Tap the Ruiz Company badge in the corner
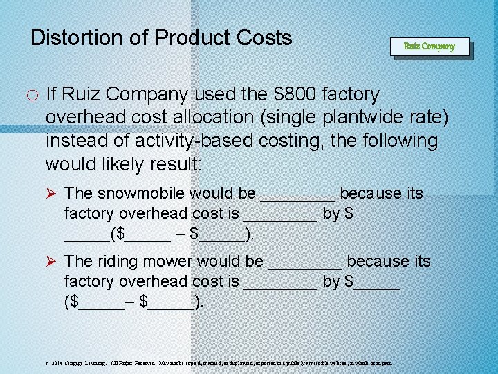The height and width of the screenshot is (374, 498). coord(429,46)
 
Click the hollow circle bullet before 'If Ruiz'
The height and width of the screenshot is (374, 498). coord(34,96)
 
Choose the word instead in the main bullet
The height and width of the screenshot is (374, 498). coord(77,141)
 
